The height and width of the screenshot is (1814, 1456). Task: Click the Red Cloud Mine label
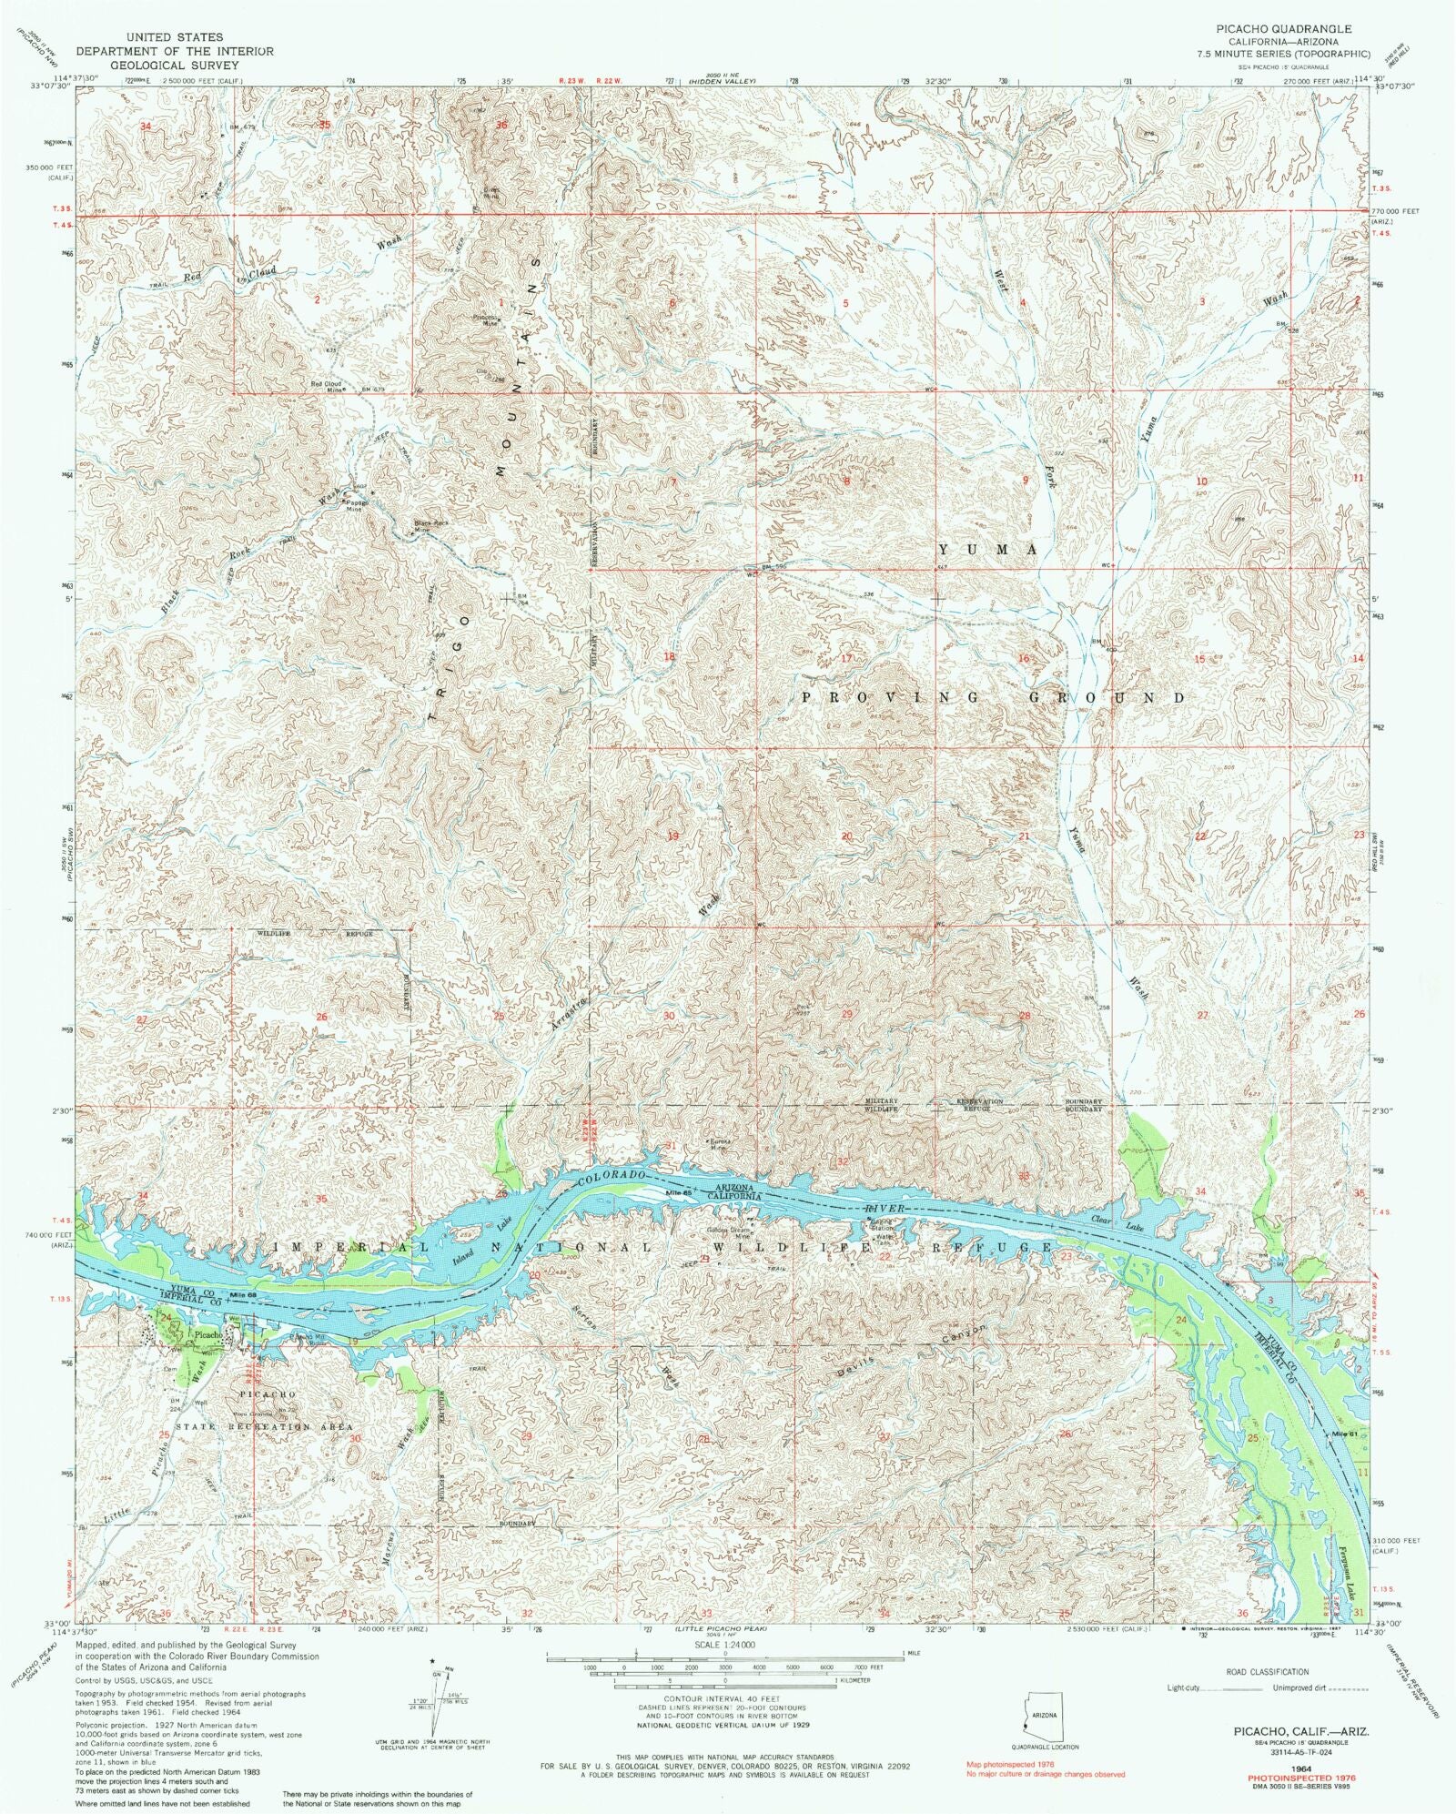[x=326, y=386]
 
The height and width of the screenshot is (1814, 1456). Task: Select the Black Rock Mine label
[x=431, y=526]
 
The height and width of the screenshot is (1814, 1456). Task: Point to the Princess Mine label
[x=486, y=319]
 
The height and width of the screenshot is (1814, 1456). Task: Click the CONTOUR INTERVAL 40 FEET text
[x=724, y=1699]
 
